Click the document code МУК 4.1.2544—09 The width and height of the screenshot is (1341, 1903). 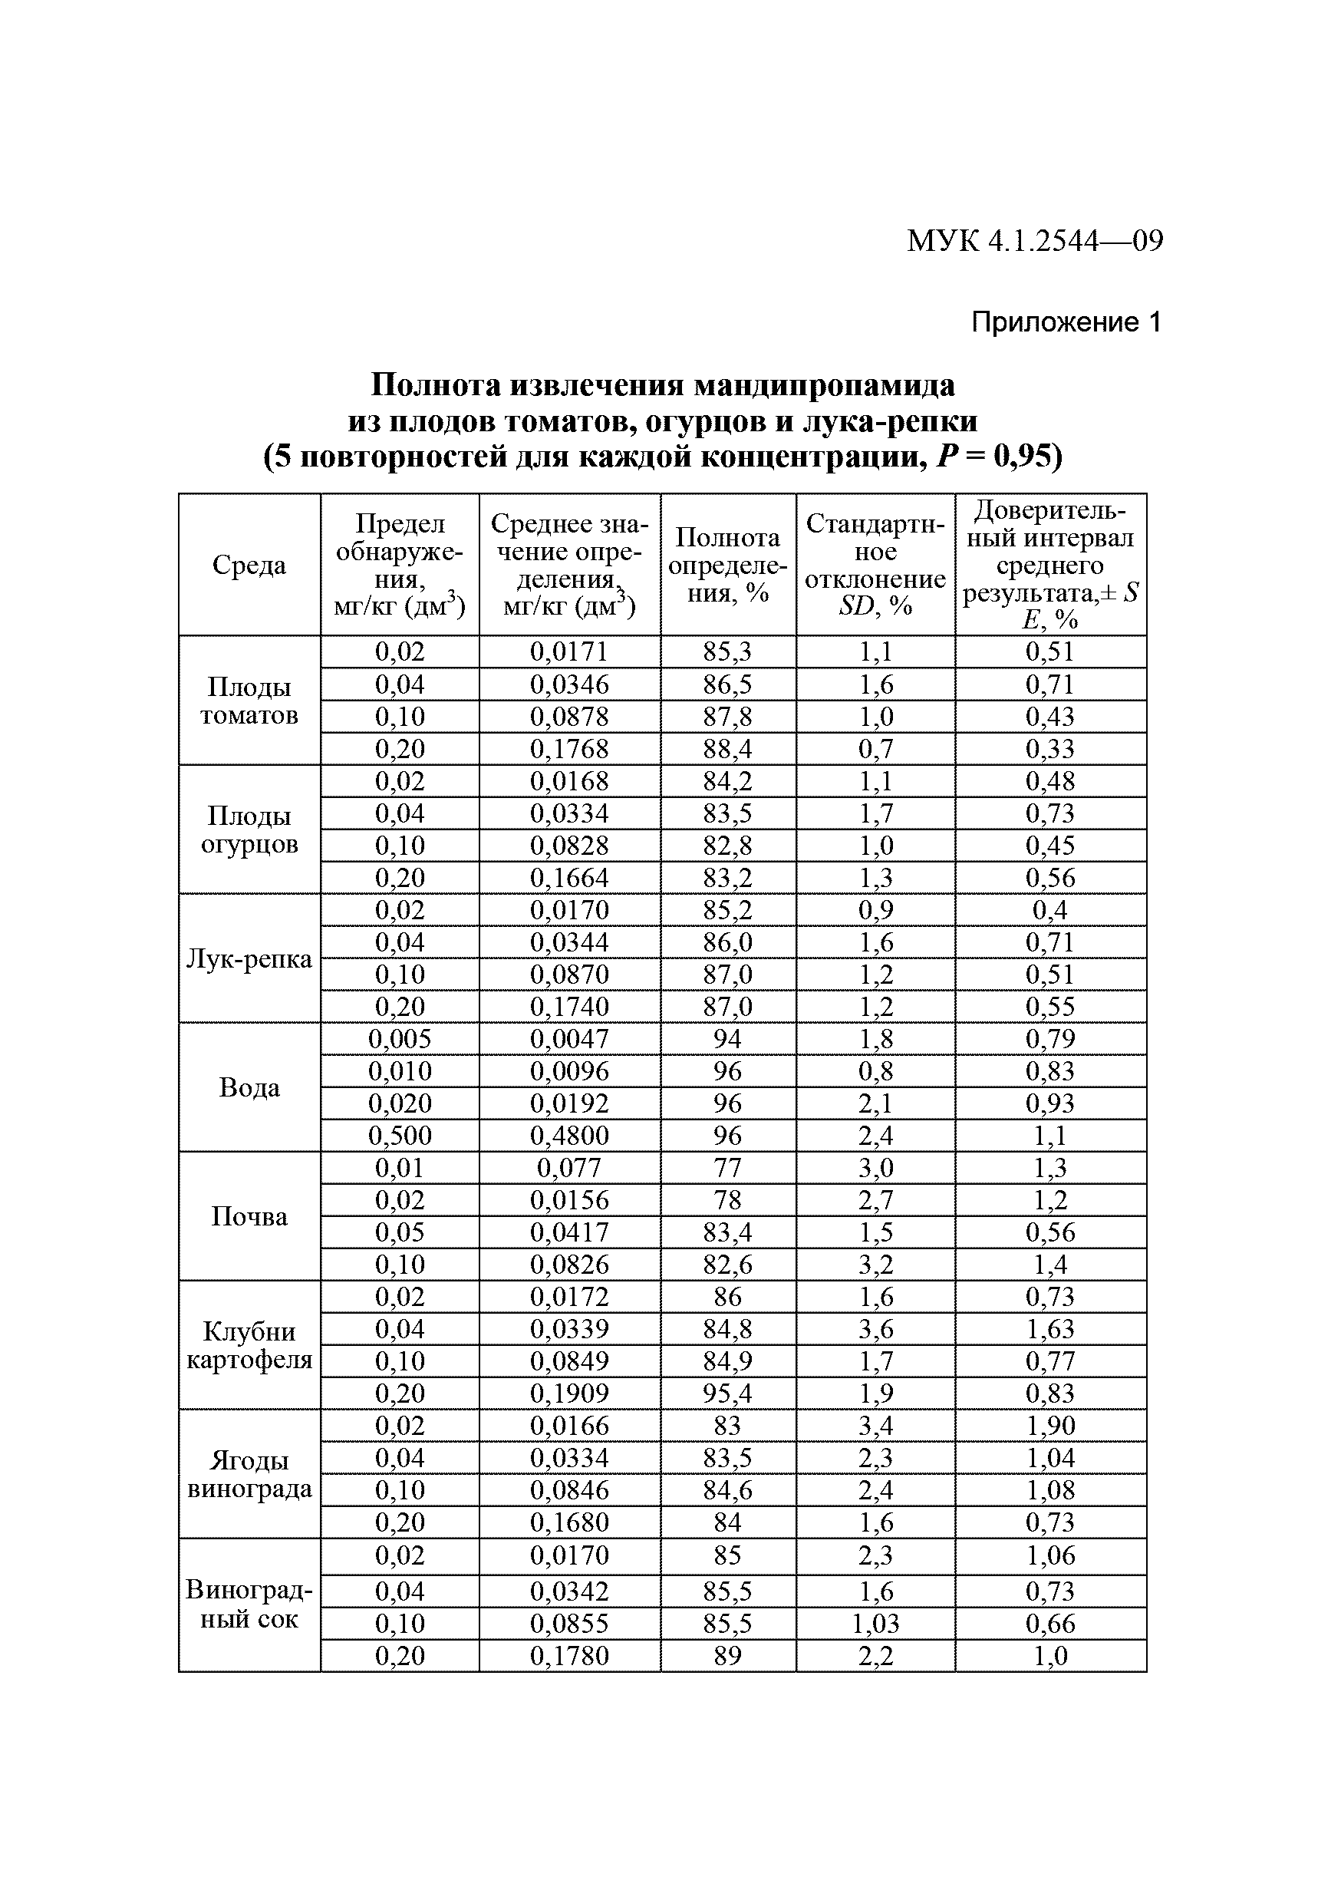tap(1034, 241)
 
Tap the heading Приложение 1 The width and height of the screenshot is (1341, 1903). tap(1066, 322)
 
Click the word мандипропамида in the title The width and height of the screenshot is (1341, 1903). tap(824, 384)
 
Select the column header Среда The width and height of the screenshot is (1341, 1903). tap(249, 565)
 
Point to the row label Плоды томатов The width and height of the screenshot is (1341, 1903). tap(249, 701)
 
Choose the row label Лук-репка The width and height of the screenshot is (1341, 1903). tap(249, 958)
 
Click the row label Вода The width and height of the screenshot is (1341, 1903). tap(249, 1087)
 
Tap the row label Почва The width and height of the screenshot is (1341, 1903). tap(249, 1216)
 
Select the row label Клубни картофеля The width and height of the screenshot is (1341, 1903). tap(249, 1345)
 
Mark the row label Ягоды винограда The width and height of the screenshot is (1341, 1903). tap(249, 1475)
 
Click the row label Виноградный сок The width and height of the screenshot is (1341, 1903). tap(249, 1605)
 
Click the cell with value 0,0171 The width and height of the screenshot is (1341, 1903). tap(568, 651)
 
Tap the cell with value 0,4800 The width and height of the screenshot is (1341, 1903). tap(568, 1136)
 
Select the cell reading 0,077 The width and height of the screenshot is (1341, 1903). tap(568, 1168)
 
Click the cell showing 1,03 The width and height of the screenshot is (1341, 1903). tap(875, 1623)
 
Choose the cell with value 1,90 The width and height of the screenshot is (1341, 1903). tap(1049, 1426)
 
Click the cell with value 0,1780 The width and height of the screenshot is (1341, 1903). tap(568, 1655)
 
